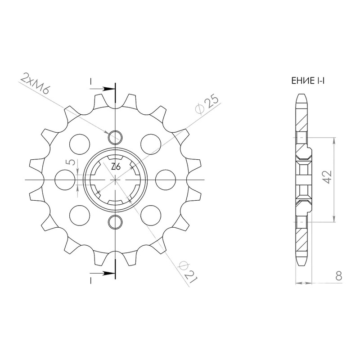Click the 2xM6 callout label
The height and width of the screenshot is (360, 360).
(x=35, y=84)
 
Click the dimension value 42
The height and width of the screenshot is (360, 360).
(x=327, y=177)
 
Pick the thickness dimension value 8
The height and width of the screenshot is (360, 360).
(x=339, y=276)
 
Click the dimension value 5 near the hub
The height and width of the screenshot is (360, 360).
(x=72, y=162)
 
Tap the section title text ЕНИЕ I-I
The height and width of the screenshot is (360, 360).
(x=308, y=81)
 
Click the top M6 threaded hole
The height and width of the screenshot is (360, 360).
(x=115, y=137)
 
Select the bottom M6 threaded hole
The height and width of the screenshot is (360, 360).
(x=115, y=222)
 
